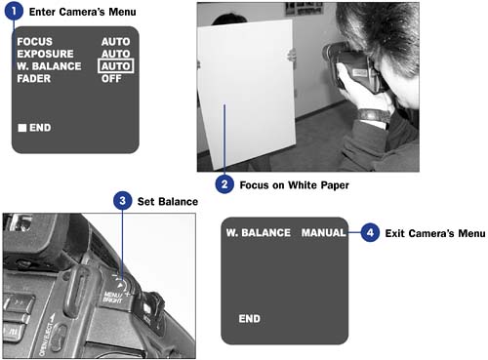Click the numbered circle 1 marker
coord(14,11)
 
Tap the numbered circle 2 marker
coord(224,184)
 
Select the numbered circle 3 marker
coord(122,200)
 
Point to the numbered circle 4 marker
coord(370,232)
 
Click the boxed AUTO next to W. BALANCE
coord(115,66)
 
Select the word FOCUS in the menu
coord(35,42)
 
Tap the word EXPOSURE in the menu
coord(45,54)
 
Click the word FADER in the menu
coord(34,78)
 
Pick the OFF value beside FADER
coord(111,78)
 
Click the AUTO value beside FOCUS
coord(115,42)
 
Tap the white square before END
coord(22,128)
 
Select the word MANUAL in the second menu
coord(323,233)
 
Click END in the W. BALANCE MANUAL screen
coord(250,319)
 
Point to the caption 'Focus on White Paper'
coord(294,185)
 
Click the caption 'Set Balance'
coord(168,202)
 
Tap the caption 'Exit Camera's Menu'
coord(435,233)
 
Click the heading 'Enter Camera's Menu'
coord(82,12)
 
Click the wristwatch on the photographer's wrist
coord(375,115)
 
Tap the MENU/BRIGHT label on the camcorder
coord(113,298)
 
